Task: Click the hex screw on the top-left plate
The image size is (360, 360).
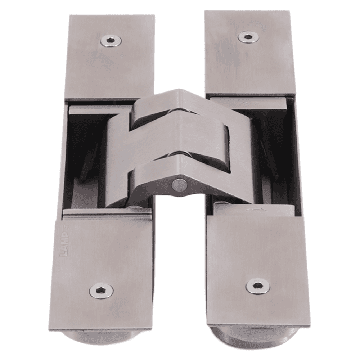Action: [x=111, y=41]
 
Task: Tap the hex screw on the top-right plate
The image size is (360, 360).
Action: [x=248, y=37]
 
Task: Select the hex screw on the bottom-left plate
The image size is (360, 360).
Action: [x=101, y=290]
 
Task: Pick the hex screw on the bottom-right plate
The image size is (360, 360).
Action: [x=257, y=286]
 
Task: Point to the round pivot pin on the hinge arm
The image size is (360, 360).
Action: [x=179, y=185]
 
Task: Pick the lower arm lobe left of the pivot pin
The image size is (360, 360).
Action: [x=151, y=184]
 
